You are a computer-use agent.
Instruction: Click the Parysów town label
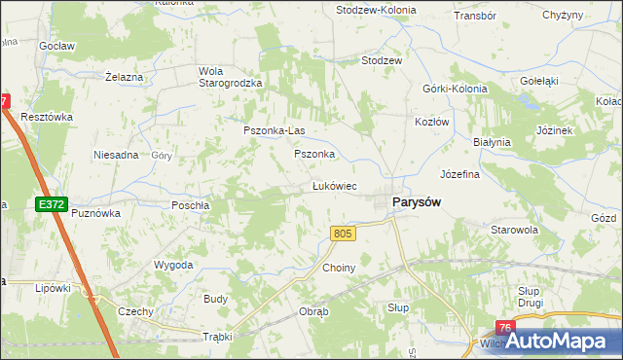417,201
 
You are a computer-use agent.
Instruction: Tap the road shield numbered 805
342,234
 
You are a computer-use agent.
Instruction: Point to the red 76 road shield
504,329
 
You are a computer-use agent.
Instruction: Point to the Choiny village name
339,267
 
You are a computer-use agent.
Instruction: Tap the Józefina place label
460,175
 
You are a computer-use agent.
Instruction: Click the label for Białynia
492,142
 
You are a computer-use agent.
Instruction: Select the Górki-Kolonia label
447,89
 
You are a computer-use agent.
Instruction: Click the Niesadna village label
116,155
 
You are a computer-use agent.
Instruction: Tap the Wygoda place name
173,265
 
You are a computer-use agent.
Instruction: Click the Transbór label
475,17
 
